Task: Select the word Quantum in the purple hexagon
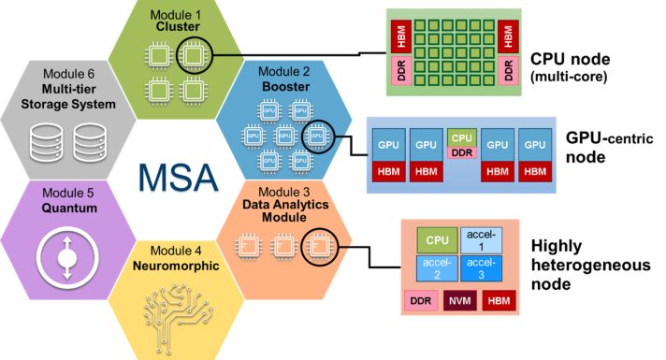[68, 208]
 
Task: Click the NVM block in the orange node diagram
[459, 301]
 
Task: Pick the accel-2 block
[438, 268]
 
